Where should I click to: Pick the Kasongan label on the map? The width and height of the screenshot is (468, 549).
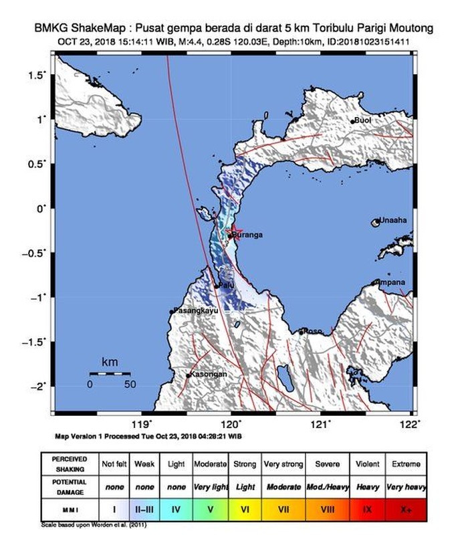[207, 374]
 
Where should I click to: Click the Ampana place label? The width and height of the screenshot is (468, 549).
[391, 282]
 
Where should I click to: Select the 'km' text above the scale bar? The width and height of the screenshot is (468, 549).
[110, 362]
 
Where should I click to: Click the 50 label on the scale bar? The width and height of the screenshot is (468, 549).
[130, 385]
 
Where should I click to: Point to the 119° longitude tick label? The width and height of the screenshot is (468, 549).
[142, 423]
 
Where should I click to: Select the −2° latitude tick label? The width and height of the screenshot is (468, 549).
[40, 386]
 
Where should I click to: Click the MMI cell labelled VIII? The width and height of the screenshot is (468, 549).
[328, 510]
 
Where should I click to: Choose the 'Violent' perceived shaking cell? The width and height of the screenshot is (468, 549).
[368, 464]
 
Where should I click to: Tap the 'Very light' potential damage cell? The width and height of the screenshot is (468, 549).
[211, 487]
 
